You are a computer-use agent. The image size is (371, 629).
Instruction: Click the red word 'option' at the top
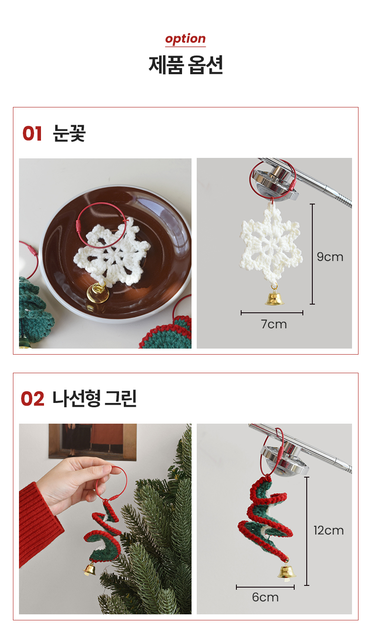pyautogui.click(x=185, y=39)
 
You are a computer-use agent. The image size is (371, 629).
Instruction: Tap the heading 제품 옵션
pyautogui.click(x=185, y=65)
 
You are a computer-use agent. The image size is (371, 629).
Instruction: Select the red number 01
pyautogui.click(x=32, y=133)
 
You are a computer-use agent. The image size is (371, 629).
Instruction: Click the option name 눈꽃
pyautogui.click(x=69, y=133)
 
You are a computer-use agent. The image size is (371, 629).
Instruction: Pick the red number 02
pyautogui.click(x=33, y=399)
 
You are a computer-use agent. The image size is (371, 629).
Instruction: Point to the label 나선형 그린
pyautogui.click(x=94, y=399)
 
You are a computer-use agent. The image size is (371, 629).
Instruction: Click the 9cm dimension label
pyautogui.click(x=330, y=257)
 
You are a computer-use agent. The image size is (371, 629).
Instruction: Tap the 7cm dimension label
pyautogui.click(x=274, y=324)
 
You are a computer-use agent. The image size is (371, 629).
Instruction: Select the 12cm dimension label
pyautogui.click(x=329, y=531)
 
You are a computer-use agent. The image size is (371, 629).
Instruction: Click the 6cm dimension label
pyautogui.click(x=265, y=597)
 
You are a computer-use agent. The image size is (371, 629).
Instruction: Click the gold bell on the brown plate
pyautogui.click(x=97, y=293)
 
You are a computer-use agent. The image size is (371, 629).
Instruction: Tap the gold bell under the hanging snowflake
pyautogui.click(x=274, y=297)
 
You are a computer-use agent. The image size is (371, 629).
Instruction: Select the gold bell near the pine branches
pyautogui.click(x=90, y=569)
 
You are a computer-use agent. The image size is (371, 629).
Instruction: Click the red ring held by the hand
pyautogui.click(x=112, y=482)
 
